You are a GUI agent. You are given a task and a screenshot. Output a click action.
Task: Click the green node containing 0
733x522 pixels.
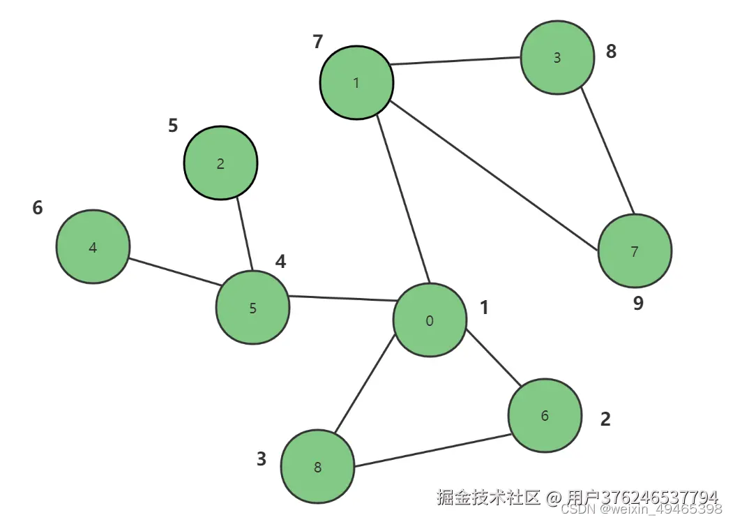pos(430,320)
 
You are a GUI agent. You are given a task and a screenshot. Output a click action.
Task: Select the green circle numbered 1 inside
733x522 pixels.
pos(356,83)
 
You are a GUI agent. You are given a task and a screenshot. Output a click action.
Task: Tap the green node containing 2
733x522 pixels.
pos(220,163)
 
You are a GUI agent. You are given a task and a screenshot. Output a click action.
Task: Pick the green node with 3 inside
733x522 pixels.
pos(557,58)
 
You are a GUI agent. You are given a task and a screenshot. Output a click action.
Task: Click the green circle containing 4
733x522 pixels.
pos(93,247)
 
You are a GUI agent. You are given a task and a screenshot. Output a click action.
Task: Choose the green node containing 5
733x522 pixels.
pos(252,308)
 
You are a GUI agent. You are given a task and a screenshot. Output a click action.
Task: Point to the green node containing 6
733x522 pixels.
pos(545,416)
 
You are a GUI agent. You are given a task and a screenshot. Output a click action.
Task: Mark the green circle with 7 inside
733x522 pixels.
pos(635,251)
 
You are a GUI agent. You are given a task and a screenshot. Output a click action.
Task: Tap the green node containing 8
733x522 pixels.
pos(318,467)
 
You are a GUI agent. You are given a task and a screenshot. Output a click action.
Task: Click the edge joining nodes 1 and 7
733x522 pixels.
pos(492,174)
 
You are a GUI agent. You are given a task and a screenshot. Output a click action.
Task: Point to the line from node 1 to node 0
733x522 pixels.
pos(403,198)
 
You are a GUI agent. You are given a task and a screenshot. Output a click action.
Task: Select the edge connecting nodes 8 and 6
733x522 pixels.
pos(431,452)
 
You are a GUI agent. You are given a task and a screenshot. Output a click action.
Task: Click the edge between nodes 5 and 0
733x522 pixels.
pos(342,299)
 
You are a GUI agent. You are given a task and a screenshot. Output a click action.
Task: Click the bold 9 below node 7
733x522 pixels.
pos(638,304)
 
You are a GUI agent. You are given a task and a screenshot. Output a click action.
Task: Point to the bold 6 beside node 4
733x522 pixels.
pos(38,207)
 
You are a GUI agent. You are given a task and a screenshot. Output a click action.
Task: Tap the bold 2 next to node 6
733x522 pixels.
pos(605,419)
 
